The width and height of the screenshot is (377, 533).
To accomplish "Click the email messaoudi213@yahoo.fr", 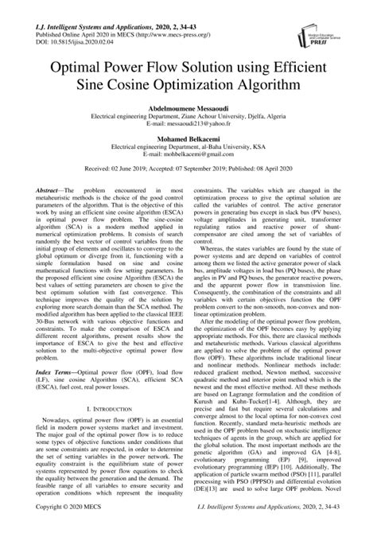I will click(x=188, y=127).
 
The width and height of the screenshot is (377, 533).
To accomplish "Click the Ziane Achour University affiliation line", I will click(x=188, y=119).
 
